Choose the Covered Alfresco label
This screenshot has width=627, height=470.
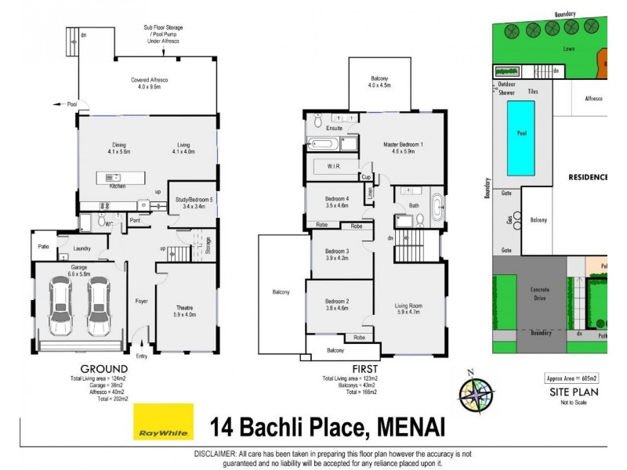coord(149,84)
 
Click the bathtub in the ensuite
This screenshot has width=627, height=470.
coord(322,144)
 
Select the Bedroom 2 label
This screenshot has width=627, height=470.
coord(336,305)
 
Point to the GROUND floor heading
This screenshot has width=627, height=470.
coord(104,369)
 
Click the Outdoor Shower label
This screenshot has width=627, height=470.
coord(506,87)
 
